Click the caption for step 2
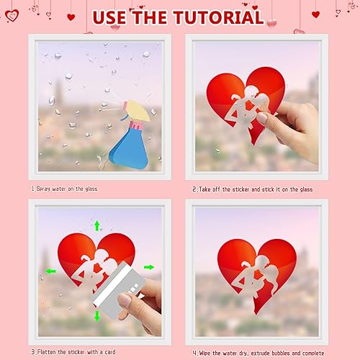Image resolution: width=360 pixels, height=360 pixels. point(251,189)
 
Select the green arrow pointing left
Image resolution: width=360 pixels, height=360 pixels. point(51,271)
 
